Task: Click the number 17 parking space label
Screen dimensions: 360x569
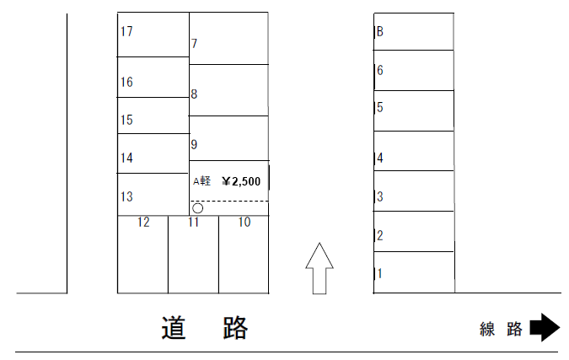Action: [x=127, y=32]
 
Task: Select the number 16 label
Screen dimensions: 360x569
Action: [x=127, y=82]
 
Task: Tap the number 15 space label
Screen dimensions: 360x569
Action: [x=127, y=120]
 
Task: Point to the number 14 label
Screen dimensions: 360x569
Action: [x=127, y=158]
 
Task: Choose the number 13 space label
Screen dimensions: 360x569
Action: [x=127, y=196]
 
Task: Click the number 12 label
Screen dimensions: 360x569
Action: [x=143, y=223]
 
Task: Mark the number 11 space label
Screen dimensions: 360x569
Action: [x=194, y=223]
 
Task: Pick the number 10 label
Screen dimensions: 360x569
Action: [x=244, y=223]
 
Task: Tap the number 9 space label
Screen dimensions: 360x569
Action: [x=194, y=145]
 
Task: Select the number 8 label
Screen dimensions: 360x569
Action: [x=194, y=94]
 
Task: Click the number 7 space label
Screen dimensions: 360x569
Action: [x=194, y=44]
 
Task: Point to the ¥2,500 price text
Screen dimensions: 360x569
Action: [x=241, y=180]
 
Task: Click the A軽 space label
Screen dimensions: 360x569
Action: [x=202, y=180]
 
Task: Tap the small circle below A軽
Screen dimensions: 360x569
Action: [x=197, y=207]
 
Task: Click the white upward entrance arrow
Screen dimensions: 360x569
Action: [x=318, y=268]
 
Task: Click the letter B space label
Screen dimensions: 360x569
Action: [x=380, y=32]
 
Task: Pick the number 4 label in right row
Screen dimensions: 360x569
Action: [x=380, y=158]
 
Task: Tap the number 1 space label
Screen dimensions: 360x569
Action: [x=380, y=273]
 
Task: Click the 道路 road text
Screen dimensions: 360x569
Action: [x=205, y=328]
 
